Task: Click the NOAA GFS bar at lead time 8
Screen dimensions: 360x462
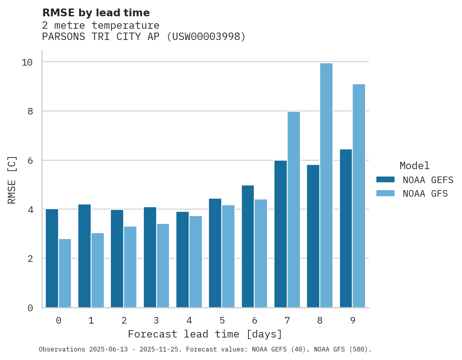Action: (326, 185)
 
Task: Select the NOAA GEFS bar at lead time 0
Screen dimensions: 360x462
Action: (52, 258)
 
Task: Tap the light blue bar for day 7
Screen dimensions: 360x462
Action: (294, 209)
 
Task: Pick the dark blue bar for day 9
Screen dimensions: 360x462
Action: (346, 228)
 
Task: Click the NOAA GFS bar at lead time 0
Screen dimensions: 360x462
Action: (65, 273)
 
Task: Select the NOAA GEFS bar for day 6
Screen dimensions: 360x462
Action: (248, 246)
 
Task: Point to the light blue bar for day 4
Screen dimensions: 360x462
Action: (196, 262)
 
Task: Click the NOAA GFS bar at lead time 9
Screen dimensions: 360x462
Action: (359, 196)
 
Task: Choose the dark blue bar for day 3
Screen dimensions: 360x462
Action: (150, 257)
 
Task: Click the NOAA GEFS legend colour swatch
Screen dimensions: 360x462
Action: (385, 180)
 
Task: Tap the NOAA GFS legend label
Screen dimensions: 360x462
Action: (425, 194)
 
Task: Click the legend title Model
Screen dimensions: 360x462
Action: (415, 166)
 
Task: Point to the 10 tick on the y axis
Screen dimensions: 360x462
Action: (27, 62)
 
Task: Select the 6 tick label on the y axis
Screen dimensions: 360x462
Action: (30, 161)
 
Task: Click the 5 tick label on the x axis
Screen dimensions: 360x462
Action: (222, 320)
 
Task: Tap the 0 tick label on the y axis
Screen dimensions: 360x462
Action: (30, 308)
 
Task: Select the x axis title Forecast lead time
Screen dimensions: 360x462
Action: (205, 334)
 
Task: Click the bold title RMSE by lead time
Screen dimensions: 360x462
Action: (96, 13)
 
